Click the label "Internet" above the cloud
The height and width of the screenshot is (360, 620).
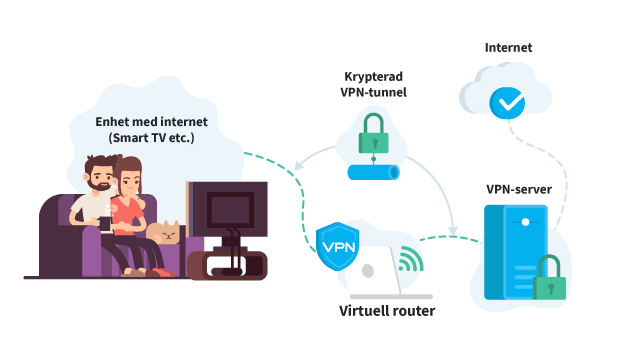(x=508, y=47)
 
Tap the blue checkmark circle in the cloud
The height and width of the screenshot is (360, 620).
(x=507, y=103)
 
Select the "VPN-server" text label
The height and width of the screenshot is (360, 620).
(x=519, y=189)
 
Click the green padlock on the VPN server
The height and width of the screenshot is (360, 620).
(x=549, y=277)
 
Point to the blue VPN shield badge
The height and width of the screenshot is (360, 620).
(x=338, y=246)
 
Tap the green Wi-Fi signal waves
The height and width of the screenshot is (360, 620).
(x=410, y=258)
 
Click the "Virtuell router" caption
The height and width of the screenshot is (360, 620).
(x=387, y=311)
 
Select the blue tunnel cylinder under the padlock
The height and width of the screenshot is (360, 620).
(x=373, y=172)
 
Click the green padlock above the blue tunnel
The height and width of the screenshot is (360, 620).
(x=373, y=134)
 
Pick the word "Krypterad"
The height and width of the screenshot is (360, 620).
(x=373, y=76)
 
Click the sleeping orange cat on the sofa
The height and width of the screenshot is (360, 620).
(x=164, y=233)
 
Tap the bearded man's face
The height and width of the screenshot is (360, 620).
(x=100, y=176)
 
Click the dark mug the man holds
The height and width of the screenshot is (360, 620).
(x=105, y=224)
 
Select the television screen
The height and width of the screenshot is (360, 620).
(x=230, y=209)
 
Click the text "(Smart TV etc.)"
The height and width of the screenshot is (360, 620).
(x=151, y=138)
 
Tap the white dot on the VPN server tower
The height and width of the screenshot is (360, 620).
(x=525, y=222)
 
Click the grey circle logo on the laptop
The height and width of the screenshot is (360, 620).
(x=368, y=271)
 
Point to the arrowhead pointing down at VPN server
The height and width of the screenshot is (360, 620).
(x=453, y=230)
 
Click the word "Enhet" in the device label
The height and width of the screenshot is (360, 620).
(x=109, y=122)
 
